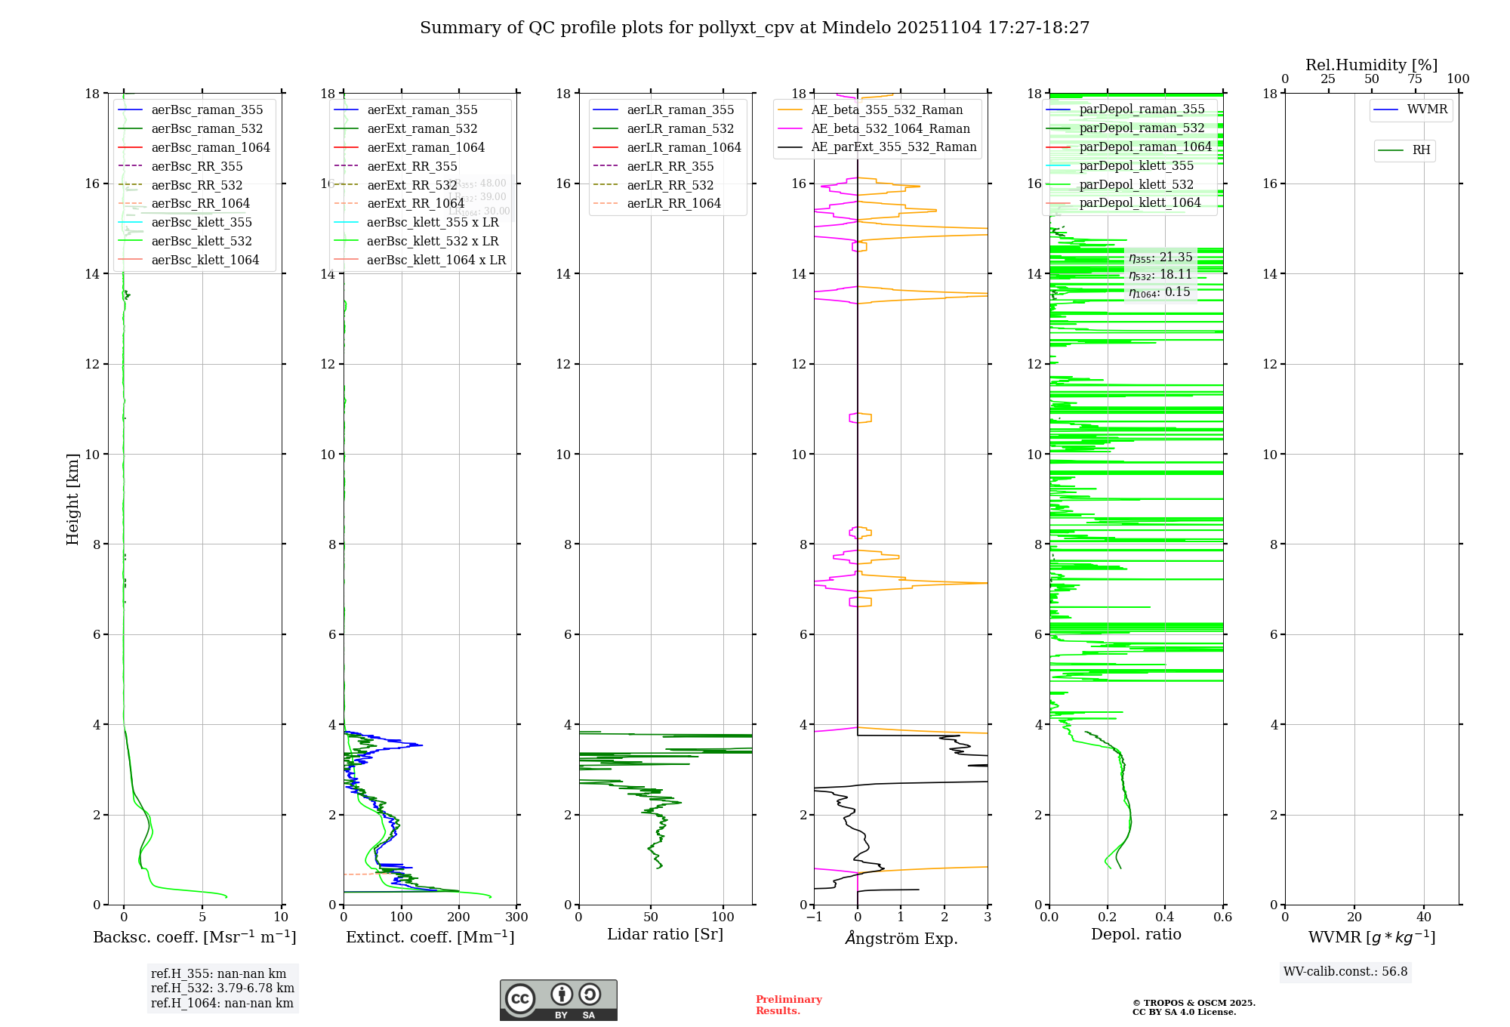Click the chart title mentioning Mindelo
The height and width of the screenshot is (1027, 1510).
(x=754, y=28)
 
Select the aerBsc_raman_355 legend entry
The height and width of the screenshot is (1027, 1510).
(x=207, y=110)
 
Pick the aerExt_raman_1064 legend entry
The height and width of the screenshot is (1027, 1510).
(x=426, y=148)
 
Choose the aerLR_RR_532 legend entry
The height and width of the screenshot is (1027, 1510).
(x=670, y=185)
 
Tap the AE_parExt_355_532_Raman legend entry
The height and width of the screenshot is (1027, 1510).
(x=893, y=147)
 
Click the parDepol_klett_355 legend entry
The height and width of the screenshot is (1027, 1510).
(x=1136, y=166)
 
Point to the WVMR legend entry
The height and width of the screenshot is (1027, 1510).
(x=1426, y=110)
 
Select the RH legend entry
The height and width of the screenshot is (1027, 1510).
(x=1420, y=150)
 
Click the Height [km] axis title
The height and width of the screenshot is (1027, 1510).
(x=72, y=498)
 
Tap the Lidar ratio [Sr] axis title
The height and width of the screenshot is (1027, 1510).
(x=665, y=935)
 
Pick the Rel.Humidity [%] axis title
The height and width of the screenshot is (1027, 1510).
(x=1371, y=65)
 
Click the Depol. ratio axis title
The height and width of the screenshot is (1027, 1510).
(x=1136, y=935)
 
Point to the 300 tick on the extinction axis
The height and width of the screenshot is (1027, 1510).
(x=516, y=918)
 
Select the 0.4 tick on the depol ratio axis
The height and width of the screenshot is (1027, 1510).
(x=1165, y=918)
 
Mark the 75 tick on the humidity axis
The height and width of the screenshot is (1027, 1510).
(x=1415, y=79)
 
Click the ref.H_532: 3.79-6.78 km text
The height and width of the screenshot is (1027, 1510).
(x=222, y=988)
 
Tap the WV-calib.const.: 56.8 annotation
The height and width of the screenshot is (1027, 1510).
(x=1345, y=972)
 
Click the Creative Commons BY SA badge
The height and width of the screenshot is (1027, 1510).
(x=558, y=1001)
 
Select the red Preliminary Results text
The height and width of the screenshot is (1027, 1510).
(x=788, y=1005)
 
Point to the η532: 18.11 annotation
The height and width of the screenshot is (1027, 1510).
(x=1160, y=275)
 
